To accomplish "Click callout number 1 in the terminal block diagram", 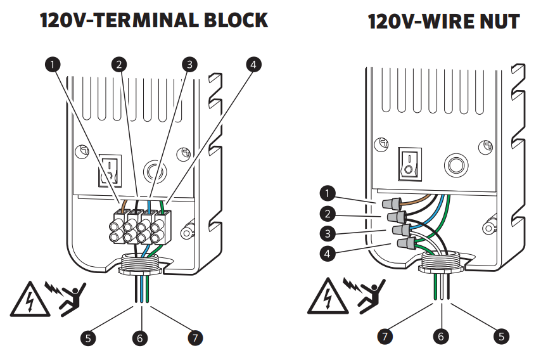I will coord(54,63).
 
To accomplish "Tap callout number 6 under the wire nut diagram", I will coord(442,337).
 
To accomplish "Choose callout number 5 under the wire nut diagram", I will coord(500,337).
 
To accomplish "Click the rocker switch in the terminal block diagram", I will coord(110,170).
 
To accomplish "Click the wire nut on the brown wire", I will coord(392,204).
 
